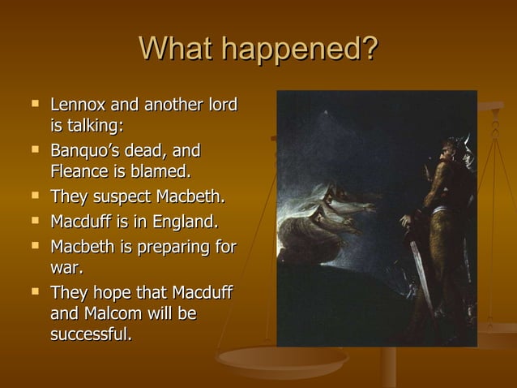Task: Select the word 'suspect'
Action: click(118, 197)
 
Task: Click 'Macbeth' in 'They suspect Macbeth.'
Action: click(191, 197)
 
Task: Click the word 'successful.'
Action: click(90, 334)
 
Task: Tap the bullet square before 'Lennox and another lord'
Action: click(35, 104)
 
